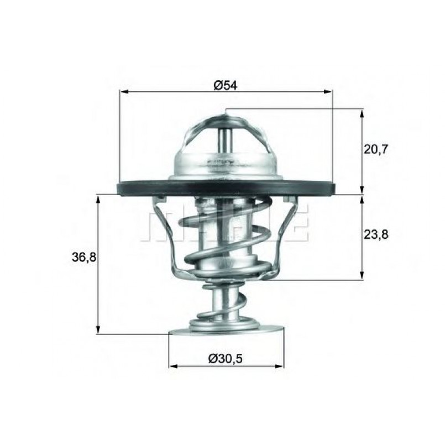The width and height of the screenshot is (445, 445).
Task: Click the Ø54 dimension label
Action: click(226, 85)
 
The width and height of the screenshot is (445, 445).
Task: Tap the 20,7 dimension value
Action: click(375, 149)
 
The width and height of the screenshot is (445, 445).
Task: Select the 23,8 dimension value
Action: click(376, 234)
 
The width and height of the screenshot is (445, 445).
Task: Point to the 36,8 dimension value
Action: click(84, 257)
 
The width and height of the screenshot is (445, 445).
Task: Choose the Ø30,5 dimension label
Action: click(226, 359)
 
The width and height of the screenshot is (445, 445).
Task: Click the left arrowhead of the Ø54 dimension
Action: click(124, 92)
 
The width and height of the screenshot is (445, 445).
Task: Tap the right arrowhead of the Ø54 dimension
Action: click(327, 92)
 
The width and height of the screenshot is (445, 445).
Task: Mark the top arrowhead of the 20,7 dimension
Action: click(362, 114)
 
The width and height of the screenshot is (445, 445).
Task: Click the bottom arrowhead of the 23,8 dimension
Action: click(362, 275)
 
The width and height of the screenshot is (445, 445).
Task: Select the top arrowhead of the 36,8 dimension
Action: click(98, 200)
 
